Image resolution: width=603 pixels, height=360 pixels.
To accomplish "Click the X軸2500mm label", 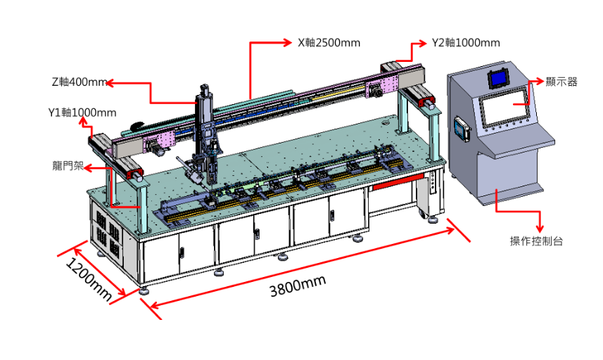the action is click(329, 43).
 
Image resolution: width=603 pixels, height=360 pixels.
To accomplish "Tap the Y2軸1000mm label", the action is click(466, 43).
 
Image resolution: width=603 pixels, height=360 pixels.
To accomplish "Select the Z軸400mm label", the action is click(80, 82).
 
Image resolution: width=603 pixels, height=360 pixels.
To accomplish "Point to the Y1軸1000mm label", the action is click(82, 112).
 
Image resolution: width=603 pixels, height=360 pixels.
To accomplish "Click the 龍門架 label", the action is click(68, 166).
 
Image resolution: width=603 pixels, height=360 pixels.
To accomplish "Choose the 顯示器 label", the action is click(561, 82).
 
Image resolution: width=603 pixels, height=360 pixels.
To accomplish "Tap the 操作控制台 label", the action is click(536, 241).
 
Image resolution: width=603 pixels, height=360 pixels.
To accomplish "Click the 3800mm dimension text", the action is click(298, 286).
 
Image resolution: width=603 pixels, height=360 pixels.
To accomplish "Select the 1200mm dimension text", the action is click(89, 279).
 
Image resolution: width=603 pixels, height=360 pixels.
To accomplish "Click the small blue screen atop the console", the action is click(499, 78).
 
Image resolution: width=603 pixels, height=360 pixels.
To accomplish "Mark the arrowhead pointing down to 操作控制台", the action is click(540, 226).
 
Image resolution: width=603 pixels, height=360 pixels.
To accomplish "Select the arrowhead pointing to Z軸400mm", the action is click(110, 82).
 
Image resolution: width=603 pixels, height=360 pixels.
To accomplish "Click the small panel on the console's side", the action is click(460, 128).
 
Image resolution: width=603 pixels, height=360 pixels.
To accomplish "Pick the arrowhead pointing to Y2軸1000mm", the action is click(423, 43).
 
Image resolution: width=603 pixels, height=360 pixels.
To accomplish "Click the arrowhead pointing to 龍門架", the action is click(88, 167).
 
